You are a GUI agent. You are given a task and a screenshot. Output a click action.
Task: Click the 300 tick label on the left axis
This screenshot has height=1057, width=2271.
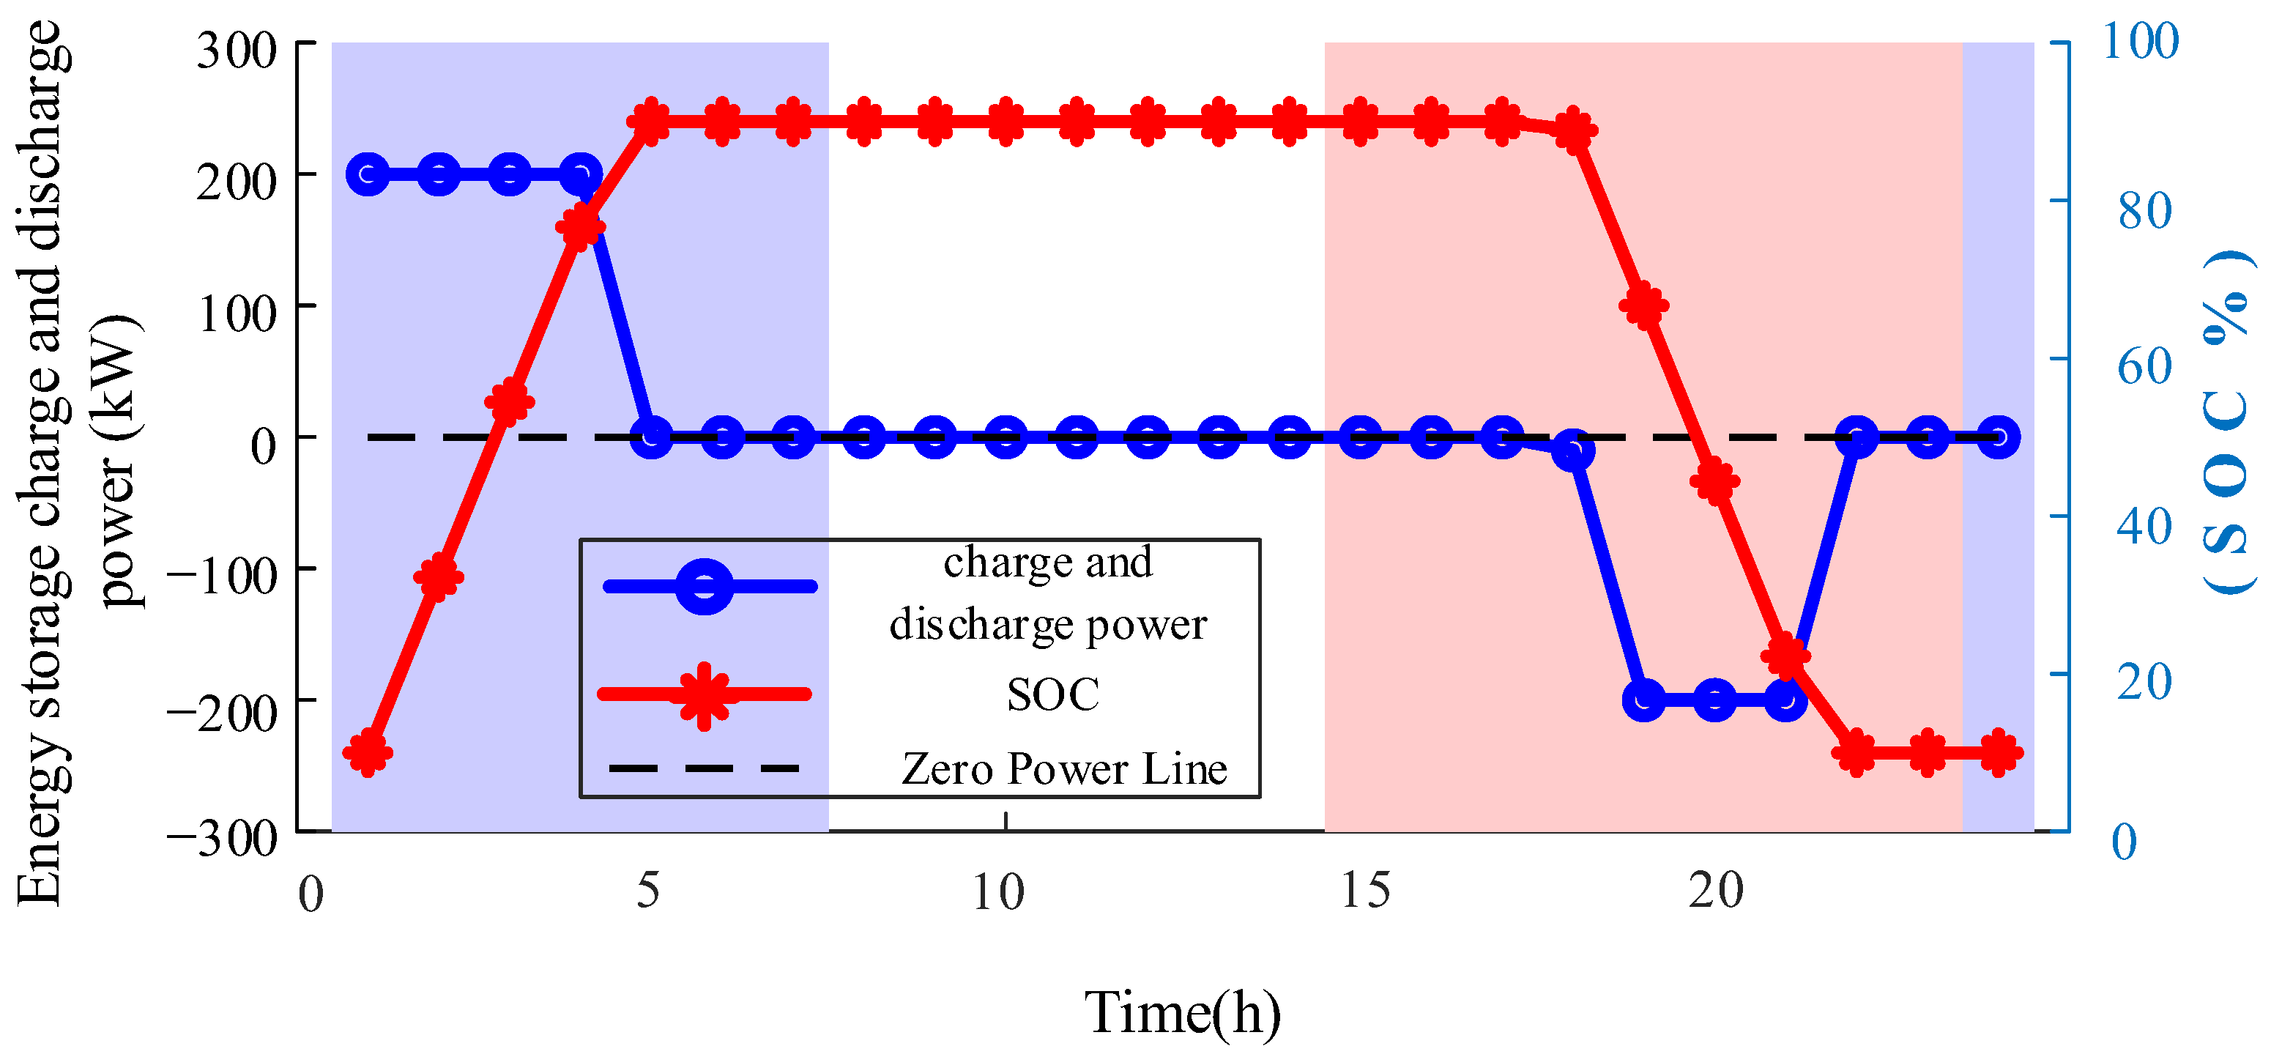point(237,51)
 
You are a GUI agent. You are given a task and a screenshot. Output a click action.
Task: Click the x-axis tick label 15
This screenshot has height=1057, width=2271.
point(1364,891)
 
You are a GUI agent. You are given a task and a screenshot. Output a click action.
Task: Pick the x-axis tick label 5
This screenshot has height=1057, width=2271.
point(648,891)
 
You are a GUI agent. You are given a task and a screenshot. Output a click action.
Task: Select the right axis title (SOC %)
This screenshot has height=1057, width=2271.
point(2227,423)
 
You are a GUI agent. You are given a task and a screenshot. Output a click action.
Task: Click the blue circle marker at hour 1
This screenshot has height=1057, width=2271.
point(368,174)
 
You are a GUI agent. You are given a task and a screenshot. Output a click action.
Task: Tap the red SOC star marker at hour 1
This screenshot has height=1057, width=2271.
point(368,753)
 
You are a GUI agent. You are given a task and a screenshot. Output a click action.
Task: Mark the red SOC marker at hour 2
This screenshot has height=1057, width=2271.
point(439,577)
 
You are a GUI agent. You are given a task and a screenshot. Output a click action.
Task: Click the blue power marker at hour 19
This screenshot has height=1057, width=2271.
point(1644,701)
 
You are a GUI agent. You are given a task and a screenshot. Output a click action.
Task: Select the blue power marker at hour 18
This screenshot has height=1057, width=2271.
point(1574,451)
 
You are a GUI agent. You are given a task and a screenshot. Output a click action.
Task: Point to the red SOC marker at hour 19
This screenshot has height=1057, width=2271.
point(1644,306)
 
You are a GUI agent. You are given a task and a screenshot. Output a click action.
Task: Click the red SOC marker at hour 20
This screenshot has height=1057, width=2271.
point(1714,481)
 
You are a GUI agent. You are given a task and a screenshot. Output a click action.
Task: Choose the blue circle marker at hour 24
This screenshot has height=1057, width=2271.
point(1999,437)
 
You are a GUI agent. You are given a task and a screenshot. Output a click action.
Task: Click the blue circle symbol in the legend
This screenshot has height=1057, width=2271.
point(705,586)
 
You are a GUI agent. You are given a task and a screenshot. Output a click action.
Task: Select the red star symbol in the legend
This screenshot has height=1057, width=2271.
point(704,694)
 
